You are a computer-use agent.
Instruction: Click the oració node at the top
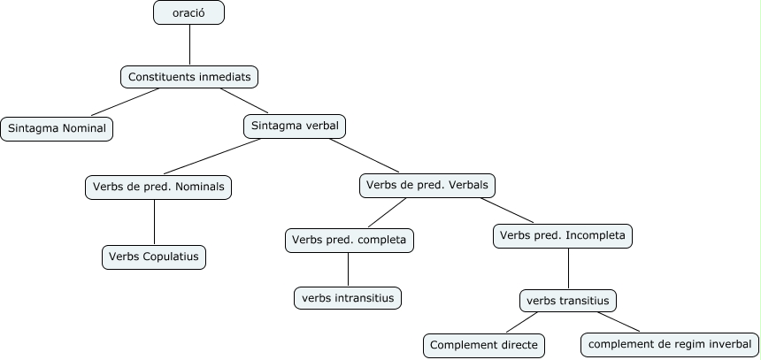[188, 13]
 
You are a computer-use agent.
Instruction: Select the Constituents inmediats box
[189, 77]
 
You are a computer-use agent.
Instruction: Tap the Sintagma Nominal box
[57, 128]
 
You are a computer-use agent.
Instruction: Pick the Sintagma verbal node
[295, 126]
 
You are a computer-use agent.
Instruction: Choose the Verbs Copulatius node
[155, 257]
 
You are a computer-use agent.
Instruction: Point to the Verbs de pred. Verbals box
[428, 186]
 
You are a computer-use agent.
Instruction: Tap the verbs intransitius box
[348, 298]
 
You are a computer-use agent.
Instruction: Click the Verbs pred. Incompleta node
[563, 236]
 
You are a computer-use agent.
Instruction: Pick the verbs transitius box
[568, 301]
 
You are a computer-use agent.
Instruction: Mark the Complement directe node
[483, 345]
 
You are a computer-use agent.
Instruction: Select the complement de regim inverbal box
[669, 344]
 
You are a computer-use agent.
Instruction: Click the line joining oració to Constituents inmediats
[189, 45]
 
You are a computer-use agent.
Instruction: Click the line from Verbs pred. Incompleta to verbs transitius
[567, 269]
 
